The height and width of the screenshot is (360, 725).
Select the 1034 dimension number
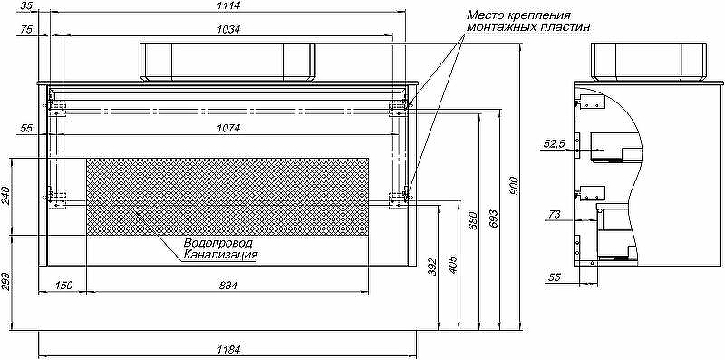pos(229,30)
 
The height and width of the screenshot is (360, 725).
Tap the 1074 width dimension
pos(228,128)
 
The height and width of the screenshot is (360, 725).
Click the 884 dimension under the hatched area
pos(228,286)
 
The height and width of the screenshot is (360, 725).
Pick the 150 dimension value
pos(63,286)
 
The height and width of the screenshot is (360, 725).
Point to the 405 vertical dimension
pos(453,265)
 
